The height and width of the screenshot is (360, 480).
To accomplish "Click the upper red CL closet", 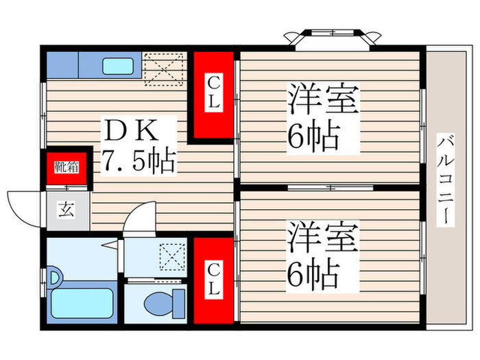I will click(213, 95).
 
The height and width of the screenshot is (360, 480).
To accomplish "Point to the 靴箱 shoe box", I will click(67, 167).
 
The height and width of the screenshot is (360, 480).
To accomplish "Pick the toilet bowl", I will click(165, 301).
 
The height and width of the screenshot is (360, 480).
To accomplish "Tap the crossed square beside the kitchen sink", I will click(163, 69).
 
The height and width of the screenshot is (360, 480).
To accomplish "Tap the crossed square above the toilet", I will click(171, 259).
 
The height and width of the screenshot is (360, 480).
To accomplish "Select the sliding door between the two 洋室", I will click(330, 187).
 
